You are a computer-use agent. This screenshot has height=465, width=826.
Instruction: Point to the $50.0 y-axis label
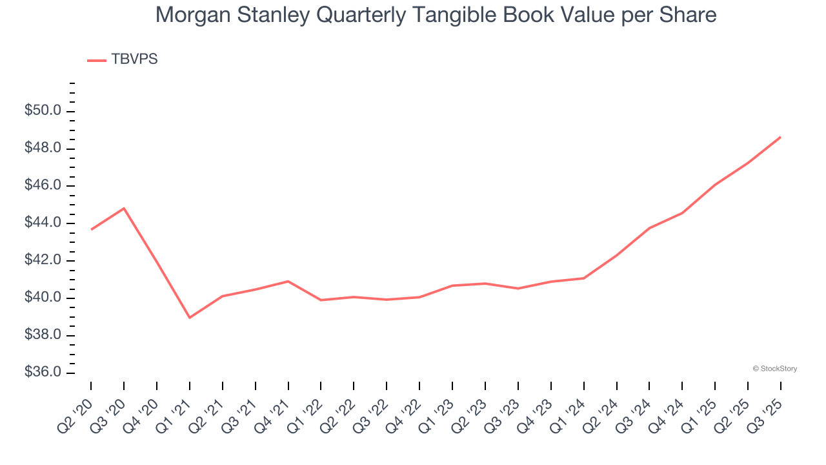[43, 111]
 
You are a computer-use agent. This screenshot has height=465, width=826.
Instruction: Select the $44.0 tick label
[43, 223]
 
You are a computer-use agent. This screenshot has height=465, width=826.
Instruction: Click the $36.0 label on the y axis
[43, 373]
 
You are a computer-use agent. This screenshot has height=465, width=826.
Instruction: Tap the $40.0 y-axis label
[43, 298]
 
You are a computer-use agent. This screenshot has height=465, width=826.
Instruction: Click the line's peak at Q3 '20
[124, 208]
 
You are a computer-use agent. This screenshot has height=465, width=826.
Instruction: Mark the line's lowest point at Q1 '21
[190, 318]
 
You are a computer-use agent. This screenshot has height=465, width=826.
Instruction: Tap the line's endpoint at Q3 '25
[781, 137]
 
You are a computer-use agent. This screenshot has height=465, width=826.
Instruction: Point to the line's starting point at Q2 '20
[91, 229]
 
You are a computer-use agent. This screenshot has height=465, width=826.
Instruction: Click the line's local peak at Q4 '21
[288, 281]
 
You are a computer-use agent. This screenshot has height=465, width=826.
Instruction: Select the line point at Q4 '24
[682, 212]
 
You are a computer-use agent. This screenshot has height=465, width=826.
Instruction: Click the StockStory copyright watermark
[774, 369]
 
